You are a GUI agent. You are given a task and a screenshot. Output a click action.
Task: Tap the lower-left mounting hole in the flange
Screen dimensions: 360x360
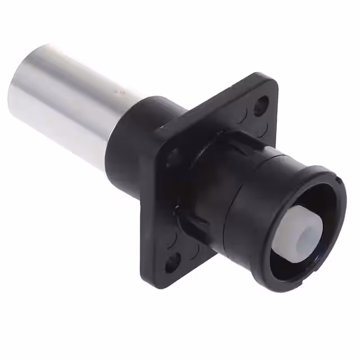pyautogui.click(x=172, y=262)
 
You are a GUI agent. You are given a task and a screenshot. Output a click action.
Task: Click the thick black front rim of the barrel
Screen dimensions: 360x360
pyautogui.click(x=332, y=186)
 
